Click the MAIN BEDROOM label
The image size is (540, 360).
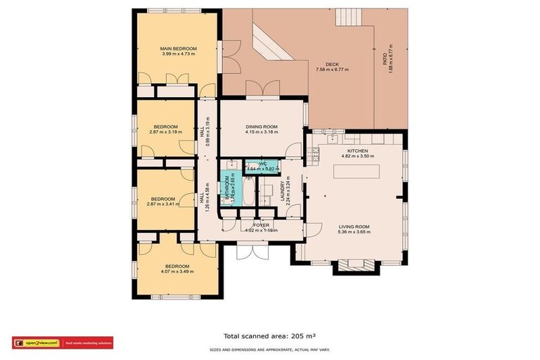tap(178, 49)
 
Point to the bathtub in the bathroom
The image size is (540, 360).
tap(248, 189)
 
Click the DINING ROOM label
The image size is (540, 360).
tap(262, 127)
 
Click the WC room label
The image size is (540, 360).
tap(262, 164)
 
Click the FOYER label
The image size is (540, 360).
tap(261, 225)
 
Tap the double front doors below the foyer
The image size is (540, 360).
tap(252, 251)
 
